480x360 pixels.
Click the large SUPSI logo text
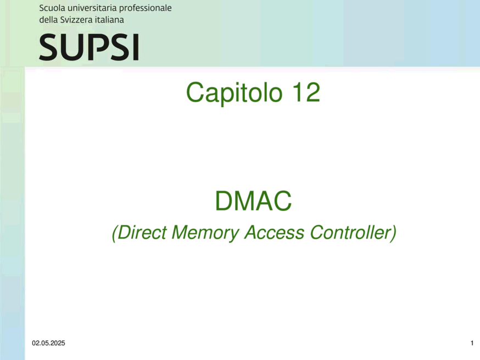tap(89, 47)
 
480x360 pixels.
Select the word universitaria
tap(92, 8)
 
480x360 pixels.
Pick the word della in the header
tap(48, 20)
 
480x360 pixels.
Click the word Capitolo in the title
tap(234, 93)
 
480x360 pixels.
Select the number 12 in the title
tap(306, 92)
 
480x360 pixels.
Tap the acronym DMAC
tap(254, 201)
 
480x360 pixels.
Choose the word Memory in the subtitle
tap(205, 233)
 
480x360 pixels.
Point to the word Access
tap(275, 232)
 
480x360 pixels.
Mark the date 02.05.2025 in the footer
tap(48, 343)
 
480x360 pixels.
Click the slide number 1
tap(472, 343)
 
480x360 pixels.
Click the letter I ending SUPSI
tap(136, 47)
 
